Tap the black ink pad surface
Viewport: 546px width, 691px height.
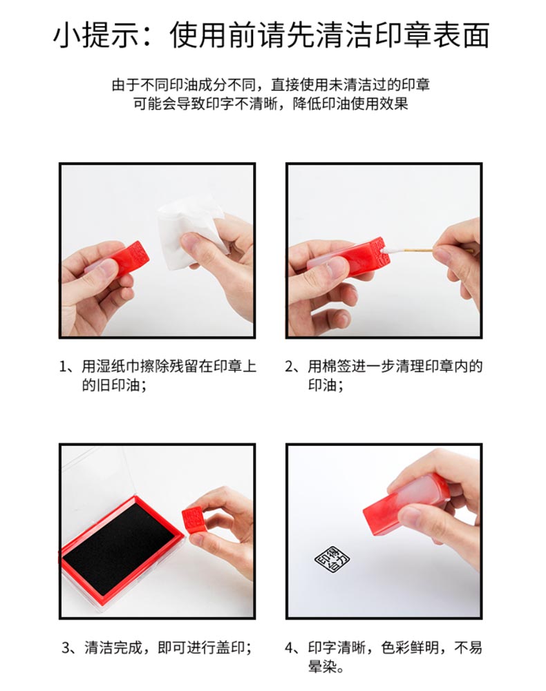[118, 548]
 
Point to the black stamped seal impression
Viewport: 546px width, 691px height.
[332, 560]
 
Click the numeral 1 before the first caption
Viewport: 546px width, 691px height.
[64, 367]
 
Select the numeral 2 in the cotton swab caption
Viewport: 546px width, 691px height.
[289, 367]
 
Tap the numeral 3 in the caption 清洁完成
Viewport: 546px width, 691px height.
[66, 648]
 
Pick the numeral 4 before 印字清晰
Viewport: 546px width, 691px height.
[289, 648]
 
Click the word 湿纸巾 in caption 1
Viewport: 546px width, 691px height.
[118, 367]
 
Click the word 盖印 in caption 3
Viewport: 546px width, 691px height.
[231, 648]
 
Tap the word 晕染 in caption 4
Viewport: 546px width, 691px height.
[322, 666]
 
